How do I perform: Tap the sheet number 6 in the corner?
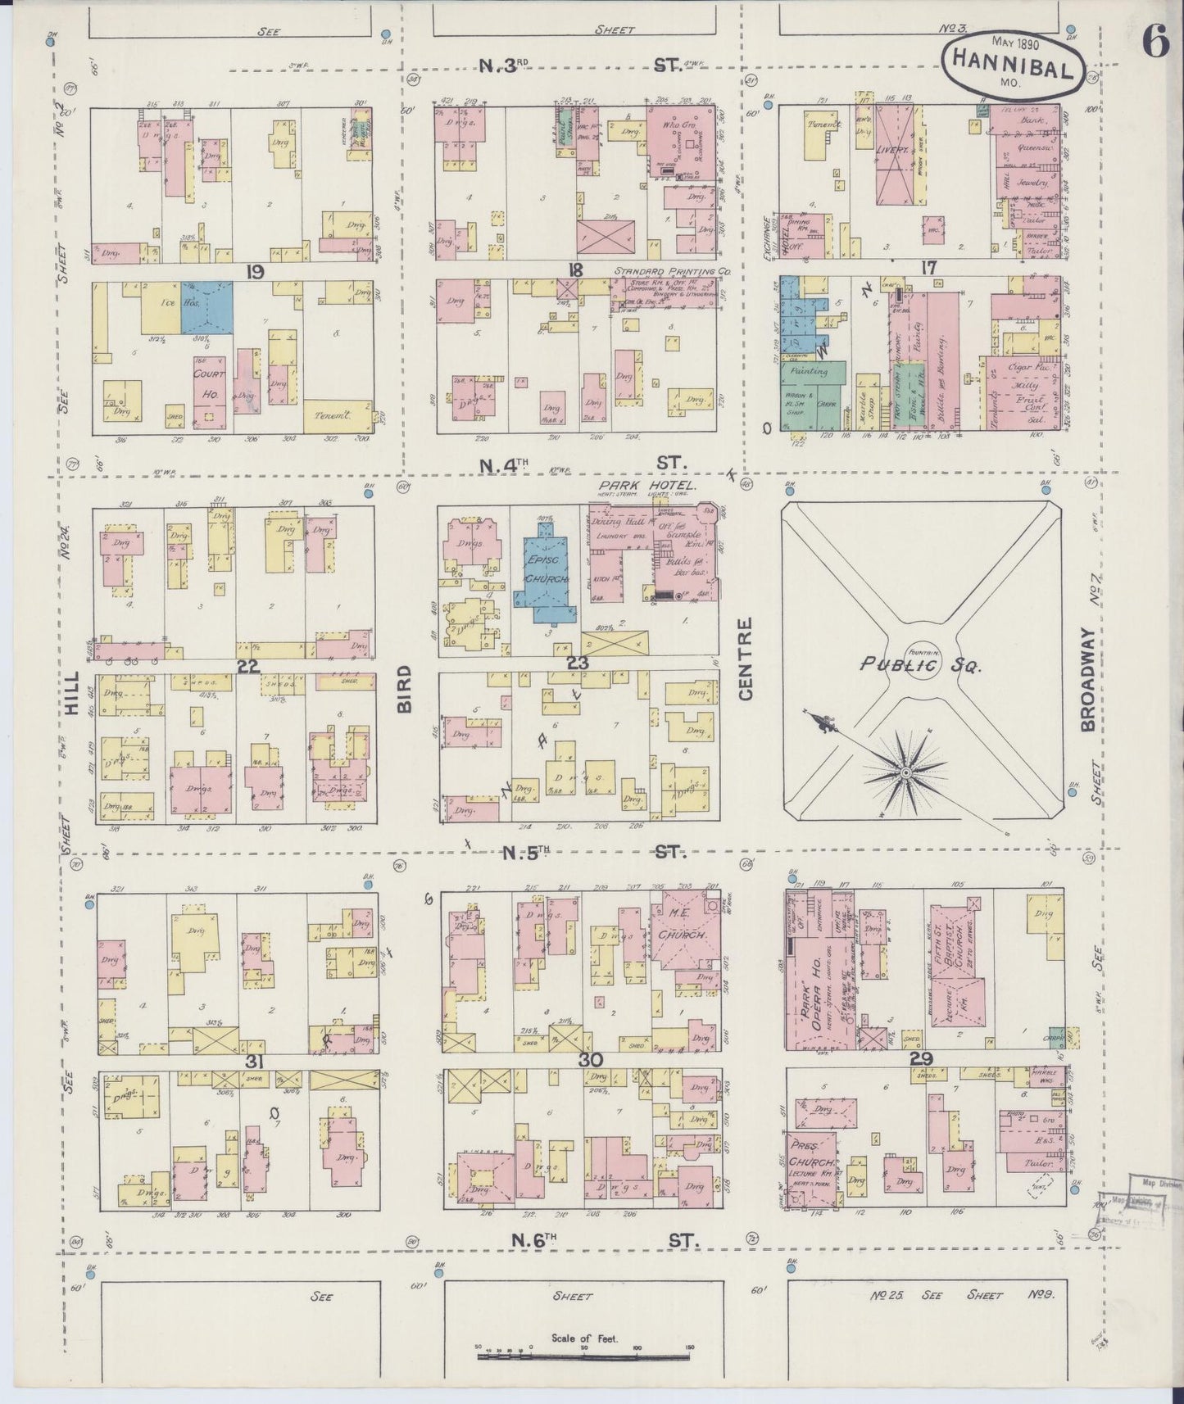tap(1155, 43)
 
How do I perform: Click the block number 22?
tap(247, 668)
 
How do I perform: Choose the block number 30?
tap(590, 1060)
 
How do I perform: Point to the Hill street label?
tap(73, 694)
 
